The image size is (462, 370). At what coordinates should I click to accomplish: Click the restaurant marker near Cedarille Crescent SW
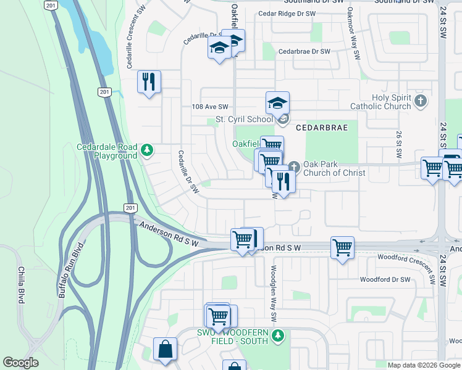coord(148,81)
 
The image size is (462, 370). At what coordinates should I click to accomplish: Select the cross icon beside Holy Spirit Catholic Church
coord(421,101)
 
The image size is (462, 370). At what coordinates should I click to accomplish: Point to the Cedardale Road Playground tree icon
coord(146,149)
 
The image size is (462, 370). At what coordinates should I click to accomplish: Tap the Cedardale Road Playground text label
coord(107,151)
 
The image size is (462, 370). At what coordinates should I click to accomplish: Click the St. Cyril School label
coord(243,119)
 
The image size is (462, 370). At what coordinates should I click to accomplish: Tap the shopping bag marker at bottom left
coord(166,349)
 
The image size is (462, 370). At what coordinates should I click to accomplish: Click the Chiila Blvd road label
coord(20,286)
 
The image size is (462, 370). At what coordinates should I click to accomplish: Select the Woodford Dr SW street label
coord(385,279)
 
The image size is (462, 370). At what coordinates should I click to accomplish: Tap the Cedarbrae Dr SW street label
coord(304,51)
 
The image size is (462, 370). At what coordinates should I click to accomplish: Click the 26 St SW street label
coord(398,143)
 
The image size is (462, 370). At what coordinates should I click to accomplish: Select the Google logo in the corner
coord(21,363)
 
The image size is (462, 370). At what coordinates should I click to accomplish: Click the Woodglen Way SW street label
coord(274,293)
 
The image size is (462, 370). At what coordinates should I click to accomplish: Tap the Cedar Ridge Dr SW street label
coord(284,13)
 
